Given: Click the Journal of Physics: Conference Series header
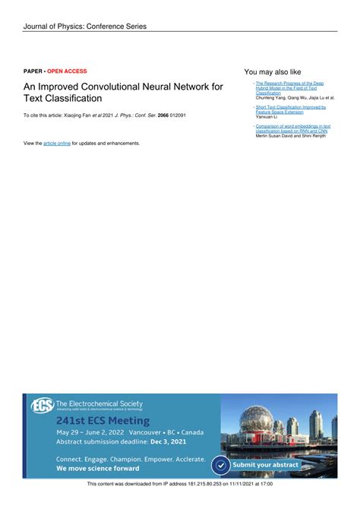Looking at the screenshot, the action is coord(84,27).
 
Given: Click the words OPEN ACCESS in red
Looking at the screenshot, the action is coord(67,71).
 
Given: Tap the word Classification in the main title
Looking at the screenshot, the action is coord(75,99).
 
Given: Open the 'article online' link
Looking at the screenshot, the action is coord(57,143).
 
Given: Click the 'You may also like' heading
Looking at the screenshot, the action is coord(273,71).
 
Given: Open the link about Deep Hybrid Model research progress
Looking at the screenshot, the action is coord(291,87).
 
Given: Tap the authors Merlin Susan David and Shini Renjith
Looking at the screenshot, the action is coord(291,136).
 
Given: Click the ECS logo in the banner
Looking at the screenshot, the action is coord(42,406).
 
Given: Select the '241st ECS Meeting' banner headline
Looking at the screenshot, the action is coord(103,420).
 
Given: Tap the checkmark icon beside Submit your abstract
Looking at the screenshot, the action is coord(220,464).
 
